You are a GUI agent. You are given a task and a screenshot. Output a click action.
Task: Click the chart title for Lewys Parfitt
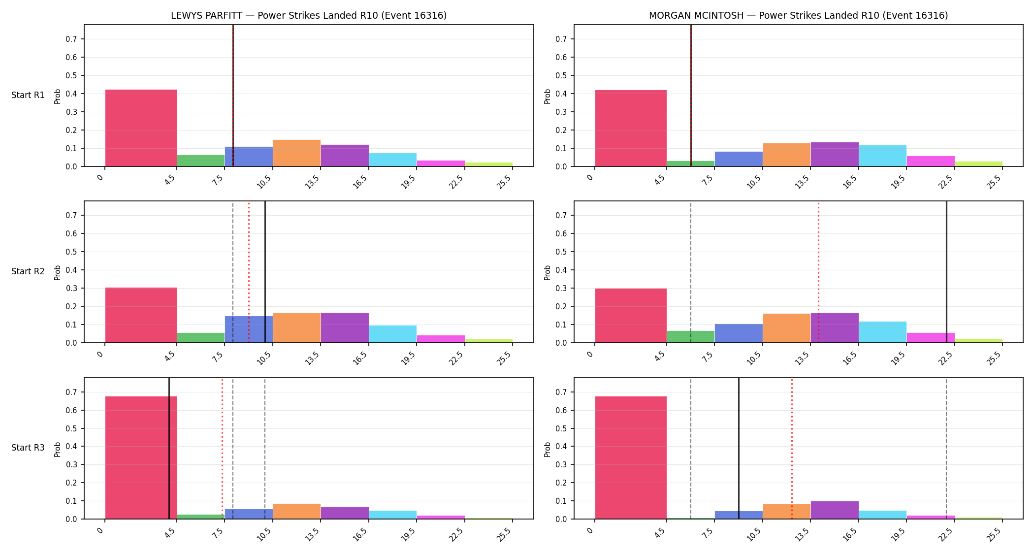click(x=309, y=15)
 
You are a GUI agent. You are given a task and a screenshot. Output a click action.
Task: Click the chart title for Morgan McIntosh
click(x=798, y=15)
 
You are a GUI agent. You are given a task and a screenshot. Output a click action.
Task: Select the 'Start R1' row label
click(x=28, y=95)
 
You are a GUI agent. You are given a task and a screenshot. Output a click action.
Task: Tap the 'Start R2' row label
click(x=28, y=271)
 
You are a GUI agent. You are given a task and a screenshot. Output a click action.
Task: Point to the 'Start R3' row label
click(x=28, y=448)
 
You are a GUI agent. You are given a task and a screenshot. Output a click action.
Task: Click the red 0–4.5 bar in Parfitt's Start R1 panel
click(x=141, y=128)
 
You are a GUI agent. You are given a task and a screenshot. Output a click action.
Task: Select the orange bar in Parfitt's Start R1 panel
click(x=297, y=153)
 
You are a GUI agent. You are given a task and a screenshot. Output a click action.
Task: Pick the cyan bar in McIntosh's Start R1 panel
click(x=883, y=156)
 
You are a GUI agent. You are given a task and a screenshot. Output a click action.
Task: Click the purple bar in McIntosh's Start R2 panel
click(x=835, y=328)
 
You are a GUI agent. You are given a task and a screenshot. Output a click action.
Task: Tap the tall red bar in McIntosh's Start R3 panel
click(x=631, y=457)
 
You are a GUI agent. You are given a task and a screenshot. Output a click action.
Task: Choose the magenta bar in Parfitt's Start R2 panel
click(x=441, y=339)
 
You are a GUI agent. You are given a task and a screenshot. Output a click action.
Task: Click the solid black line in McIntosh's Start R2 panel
click(x=946, y=272)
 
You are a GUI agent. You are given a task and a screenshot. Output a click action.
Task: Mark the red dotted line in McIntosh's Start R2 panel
click(x=818, y=272)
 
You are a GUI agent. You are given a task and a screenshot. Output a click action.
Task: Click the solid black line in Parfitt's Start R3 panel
click(x=169, y=448)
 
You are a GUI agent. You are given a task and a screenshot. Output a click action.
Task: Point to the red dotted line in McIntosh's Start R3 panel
click(x=792, y=448)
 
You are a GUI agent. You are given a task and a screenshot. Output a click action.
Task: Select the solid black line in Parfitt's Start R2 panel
click(x=265, y=272)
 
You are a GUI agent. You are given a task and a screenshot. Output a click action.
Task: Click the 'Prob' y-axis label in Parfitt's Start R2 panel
click(x=58, y=272)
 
